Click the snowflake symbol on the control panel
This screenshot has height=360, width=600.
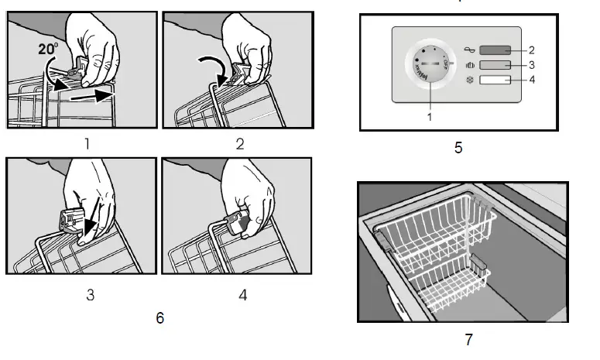point(469,80)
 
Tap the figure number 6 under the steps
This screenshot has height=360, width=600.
point(159,317)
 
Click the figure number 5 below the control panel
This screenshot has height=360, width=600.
point(458,147)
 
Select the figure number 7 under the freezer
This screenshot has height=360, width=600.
point(468,338)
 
